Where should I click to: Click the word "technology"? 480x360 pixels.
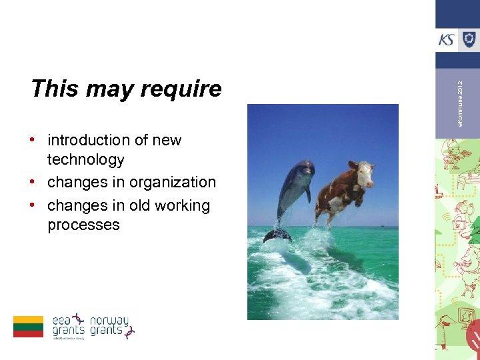pyautogui.click(x=85, y=160)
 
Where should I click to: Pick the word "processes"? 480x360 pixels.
pyautogui.click(x=83, y=225)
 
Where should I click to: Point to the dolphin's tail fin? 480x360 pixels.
pyautogui.click(x=277, y=235)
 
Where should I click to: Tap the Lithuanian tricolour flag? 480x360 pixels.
pyautogui.click(x=28, y=327)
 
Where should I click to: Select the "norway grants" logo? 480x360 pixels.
pyautogui.click(x=111, y=326)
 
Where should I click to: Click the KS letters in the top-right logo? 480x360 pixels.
pyautogui.click(x=446, y=40)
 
